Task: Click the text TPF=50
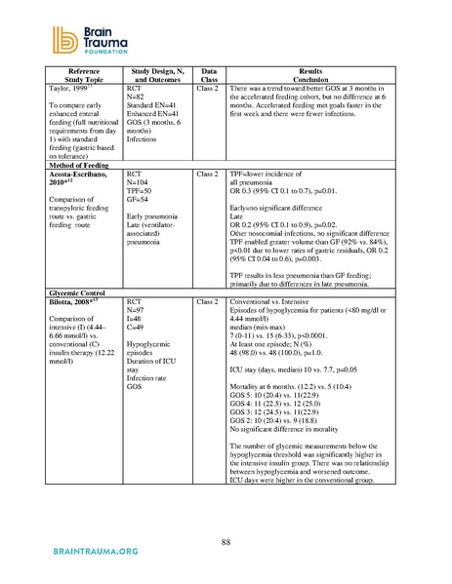click(142, 190)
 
